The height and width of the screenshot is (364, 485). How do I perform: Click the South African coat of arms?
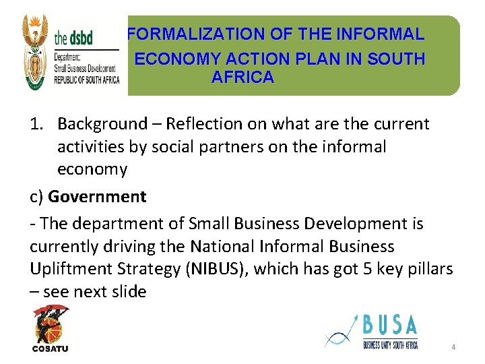point(36,53)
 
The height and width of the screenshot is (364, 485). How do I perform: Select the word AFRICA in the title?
point(243,78)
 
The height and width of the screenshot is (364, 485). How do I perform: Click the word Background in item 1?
point(102,124)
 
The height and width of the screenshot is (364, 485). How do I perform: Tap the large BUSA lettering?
point(390,327)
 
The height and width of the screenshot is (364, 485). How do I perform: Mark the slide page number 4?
point(453,347)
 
